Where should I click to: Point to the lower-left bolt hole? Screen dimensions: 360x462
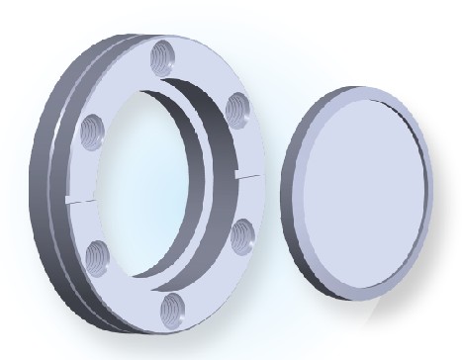click(97, 258)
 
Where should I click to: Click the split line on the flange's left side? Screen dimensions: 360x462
click(81, 193)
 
